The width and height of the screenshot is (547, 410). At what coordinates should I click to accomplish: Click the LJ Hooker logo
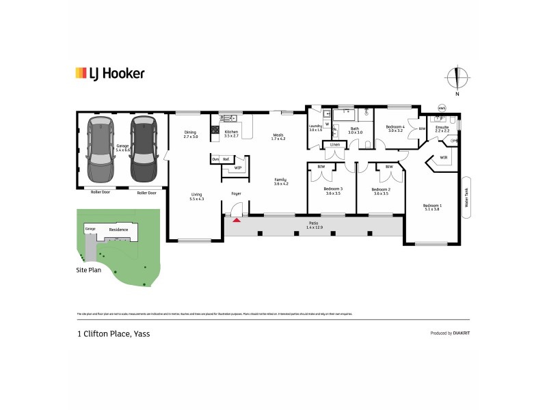point(109,73)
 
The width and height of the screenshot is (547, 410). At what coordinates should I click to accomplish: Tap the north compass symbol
point(457,77)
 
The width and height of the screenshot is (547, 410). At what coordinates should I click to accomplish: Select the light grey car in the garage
point(101,141)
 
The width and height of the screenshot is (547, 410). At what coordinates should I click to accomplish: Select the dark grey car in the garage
point(144,141)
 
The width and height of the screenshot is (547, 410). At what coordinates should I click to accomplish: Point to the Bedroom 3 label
point(333,191)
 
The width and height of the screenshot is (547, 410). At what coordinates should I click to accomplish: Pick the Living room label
point(196,196)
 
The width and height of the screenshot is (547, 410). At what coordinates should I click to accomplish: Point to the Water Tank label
point(467,197)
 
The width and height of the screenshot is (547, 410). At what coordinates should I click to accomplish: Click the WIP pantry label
point(238,167)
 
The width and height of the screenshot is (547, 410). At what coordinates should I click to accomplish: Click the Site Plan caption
point(89,270)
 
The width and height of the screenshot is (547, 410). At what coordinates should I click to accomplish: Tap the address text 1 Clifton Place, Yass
point(113,334)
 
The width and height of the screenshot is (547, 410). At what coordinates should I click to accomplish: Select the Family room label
point(281,181)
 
